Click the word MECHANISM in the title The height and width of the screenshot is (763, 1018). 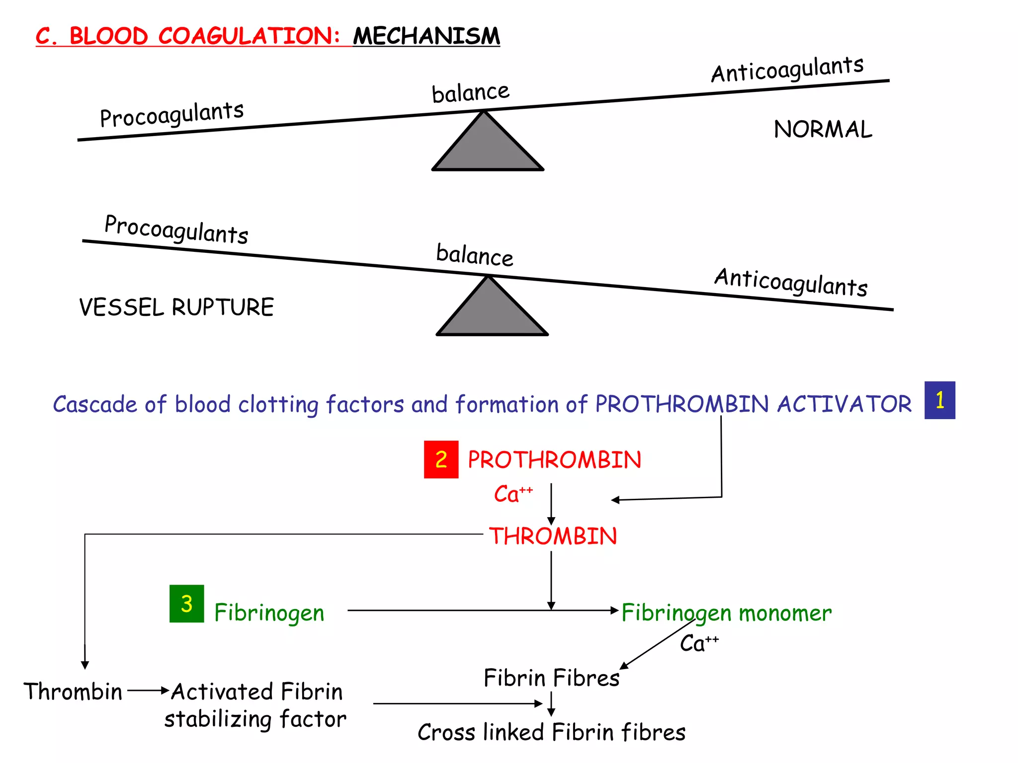pyautogui.click(x=426, y=36)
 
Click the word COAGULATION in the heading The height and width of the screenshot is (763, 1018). pyautogui.click(x=249, y=36)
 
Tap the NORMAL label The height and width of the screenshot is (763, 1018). pyautogui.click(x=823, y=130)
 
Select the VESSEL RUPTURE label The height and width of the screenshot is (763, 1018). pyautogui.click(x=176, y=307)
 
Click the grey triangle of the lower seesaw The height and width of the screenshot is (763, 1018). pyautogui.click(x=492, y=312)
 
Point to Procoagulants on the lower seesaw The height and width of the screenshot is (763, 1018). pyautogui.click(x=176, y=229)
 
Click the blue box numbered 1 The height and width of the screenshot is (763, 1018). pyautogui.click(x=939, y=400)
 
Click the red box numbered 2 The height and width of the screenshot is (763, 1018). pyautogui.click(x=441, y=459)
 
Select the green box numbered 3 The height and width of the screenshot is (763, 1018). pyautogui.click(x=186, y=604)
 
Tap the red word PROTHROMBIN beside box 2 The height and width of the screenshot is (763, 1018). pyautogui.click(x=554, y=460)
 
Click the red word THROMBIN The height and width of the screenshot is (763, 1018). pyautogui.click(x=553, y=536)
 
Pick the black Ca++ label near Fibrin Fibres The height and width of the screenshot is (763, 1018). pyautogui.click(x=698, y=643)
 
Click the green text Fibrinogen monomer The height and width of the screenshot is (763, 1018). pyautogui.click(x=726, y=613)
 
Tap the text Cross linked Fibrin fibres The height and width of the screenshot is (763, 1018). pyautogui.click(x=551, y=732)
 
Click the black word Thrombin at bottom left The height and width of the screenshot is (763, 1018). pyautogui.click(x=73, y=691)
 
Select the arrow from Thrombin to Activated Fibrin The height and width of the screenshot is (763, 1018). pyautogui.click(x=148, y=690)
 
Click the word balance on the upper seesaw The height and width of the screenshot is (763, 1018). pyautogui.click(x=470, y=93)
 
